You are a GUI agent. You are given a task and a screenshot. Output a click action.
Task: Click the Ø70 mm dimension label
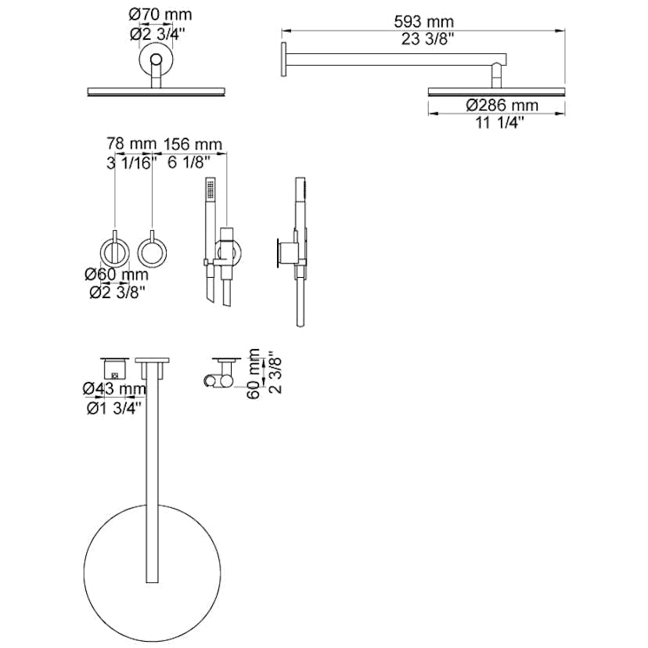coord(160,15)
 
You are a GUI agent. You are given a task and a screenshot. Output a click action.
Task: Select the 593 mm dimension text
coord(423,21)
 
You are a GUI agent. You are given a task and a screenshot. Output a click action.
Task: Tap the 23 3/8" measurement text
coord(427,39)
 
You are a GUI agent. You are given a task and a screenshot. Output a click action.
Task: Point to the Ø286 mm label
coord(502,106)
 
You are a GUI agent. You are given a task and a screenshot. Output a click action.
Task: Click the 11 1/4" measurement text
coord(499,123)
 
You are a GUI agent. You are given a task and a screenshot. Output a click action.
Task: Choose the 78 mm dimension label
coord(131,144)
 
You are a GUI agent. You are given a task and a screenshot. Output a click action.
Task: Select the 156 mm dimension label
coord(193,144)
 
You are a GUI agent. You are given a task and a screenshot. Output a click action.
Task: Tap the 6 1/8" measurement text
coord(186,163)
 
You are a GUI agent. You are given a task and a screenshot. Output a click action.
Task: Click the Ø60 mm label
coord(117,275)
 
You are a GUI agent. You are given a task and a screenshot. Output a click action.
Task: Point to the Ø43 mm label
coord(114,389)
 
